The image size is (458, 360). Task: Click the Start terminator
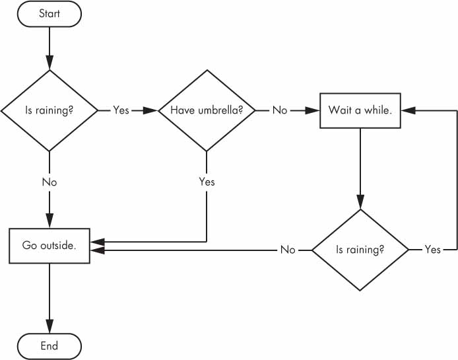tap(49, 14)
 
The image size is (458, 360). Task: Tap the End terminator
tap(49, 346)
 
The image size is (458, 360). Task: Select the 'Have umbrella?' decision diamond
tap(207, 110)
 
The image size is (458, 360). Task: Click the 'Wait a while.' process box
tap(360, 110)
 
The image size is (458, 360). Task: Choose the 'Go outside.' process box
tap(49, 246)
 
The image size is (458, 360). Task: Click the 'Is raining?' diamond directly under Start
tap(49, 111)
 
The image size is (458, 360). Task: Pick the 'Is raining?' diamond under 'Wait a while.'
tap(360, 250)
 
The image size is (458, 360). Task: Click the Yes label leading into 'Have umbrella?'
tap(121, 110)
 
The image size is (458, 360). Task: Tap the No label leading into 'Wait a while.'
tap(280, 110)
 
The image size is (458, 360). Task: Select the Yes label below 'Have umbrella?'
tap(207, 182)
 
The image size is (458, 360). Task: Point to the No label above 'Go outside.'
tap(49, 182)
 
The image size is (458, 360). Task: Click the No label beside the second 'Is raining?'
tap(288, 250)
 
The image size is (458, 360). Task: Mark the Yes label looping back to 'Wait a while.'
tap(432, 250)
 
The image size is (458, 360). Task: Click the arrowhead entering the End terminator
tap(49, 326)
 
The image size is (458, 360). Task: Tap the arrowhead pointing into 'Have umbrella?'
tap(150, 110)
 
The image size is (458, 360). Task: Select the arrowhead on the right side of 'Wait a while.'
tap(409, 110)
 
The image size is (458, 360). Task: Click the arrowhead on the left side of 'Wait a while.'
tap(313, 110)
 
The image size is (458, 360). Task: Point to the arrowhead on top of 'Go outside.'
tap(49, 221)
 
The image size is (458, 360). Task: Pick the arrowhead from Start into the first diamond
tap(49, 63)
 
